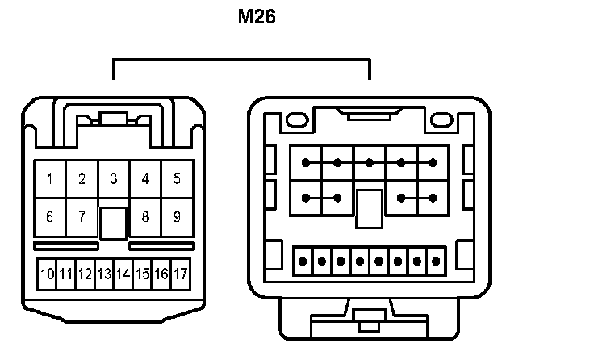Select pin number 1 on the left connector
coord(50,179)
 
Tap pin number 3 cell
coord(114,179)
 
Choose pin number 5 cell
coord(177,179)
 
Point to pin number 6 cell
coord(50,217)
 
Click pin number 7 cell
coord(82,217)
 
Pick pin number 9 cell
coord(177,217)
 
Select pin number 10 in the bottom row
coord(48,274)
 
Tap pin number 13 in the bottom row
coord(104,274)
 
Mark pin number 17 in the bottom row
coord(180,274)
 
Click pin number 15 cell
coord(142,274)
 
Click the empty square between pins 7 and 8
coord(114,223)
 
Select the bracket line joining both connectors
coord(241,60)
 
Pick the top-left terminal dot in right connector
coord(306,162)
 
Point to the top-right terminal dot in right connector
coord(433,162)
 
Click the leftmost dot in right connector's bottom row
coord(303,261)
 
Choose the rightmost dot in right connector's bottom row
coord(437,261)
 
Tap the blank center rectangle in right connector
coord(370,209)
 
